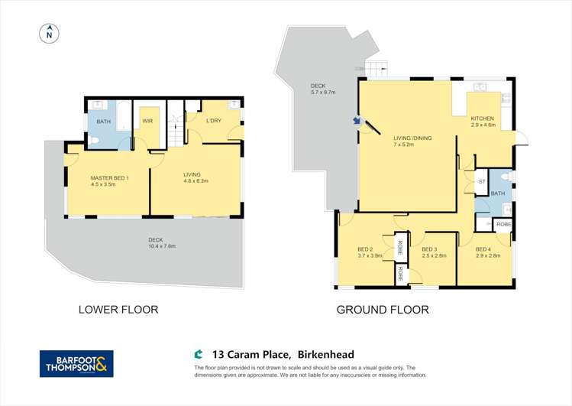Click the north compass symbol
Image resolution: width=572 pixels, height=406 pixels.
click(x=49, y=33)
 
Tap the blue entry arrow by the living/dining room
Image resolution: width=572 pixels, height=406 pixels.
click(x=356, y=120)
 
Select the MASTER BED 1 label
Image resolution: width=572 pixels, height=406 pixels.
click(x=110, y=177)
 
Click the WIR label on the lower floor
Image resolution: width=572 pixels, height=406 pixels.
click(x=148, y=120)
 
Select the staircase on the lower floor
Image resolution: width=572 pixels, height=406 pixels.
click(x=176, y=131)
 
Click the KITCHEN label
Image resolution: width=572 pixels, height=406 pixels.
click(x=483, y=118)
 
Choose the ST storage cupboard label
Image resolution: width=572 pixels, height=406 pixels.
click(x=481, y=182)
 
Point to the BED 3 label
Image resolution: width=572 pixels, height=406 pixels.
click(x=429, y=248)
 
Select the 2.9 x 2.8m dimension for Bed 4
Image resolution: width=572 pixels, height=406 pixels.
click(x=487, y=256)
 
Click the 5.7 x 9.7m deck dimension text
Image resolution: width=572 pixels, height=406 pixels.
click(x=323, y=93)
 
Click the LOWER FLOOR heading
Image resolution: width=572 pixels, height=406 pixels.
click(x=118, y=310)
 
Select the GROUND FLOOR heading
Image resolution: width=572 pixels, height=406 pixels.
click(x=383, y=310)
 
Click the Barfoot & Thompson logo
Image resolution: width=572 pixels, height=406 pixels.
click(x=76, y=363)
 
